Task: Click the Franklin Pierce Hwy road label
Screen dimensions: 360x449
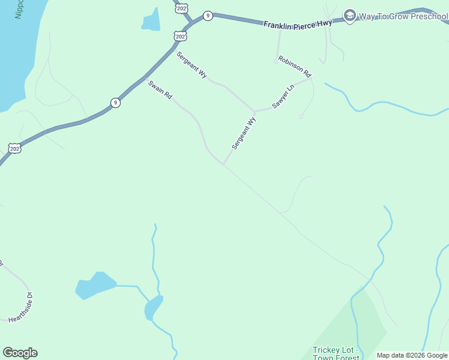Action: (x=298, y=24)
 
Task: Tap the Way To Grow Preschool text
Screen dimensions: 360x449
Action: (x=403, y=16)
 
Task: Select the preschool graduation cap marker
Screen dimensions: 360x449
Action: (x=349, y=15)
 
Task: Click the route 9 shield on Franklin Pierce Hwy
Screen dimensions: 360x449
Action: (x=207, y=16)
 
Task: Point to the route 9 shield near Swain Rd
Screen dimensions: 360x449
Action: (x=115, y=103)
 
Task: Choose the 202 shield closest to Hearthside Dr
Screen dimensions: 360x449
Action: (x=14, y=148)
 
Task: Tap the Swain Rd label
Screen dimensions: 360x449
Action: (x=160, y=91)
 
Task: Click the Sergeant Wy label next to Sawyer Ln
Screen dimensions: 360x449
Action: (x=244, y=133)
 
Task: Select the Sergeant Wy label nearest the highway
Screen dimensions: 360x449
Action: (x=191, y=65)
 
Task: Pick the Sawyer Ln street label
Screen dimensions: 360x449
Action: (x=283, y=96)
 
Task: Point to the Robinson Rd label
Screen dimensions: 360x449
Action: (x=294, y=67)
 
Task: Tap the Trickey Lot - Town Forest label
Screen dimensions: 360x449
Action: (x=336, y=353)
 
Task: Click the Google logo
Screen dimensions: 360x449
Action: (x=20, y=353)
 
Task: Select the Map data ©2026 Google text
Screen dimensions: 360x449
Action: (x=412, y=355)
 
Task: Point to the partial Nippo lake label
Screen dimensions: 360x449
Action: (x=19, y=8)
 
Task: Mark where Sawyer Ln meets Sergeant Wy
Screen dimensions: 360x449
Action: (x=255, y=112)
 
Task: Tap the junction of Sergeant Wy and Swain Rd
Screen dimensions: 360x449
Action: (x=223, y=164)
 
